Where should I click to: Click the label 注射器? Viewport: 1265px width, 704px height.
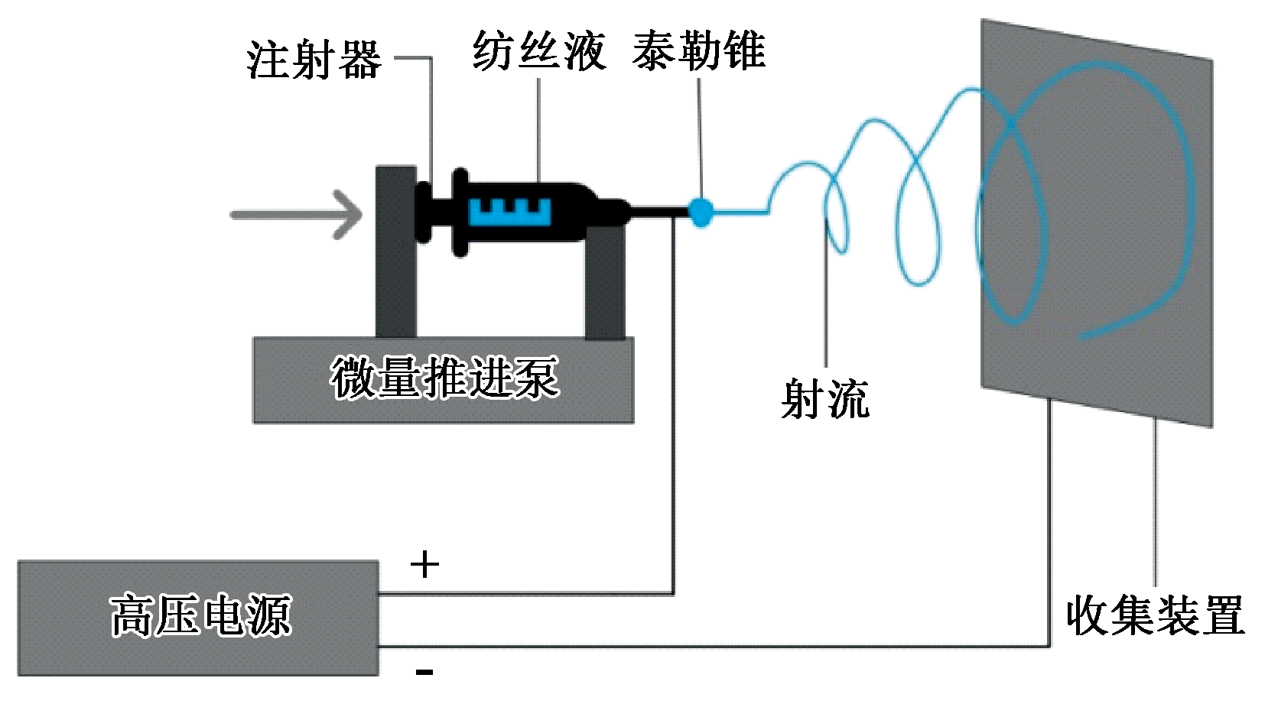(314, 60)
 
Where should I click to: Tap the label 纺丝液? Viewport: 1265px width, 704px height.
(538, 52)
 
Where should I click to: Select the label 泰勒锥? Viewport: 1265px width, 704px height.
(698, 51)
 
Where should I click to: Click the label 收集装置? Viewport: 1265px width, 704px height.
(1155, 615)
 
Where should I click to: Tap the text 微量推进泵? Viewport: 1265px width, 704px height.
(444, 378)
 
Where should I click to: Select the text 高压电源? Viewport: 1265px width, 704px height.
(200, 616)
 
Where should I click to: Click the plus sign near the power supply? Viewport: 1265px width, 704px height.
(424, 565)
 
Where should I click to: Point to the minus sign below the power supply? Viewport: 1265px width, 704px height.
(424, 672)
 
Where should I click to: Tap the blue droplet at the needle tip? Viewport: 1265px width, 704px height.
(701, 211)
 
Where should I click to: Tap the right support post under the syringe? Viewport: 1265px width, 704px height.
(605, 283)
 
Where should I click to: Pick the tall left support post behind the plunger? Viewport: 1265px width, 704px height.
(395, 290)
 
